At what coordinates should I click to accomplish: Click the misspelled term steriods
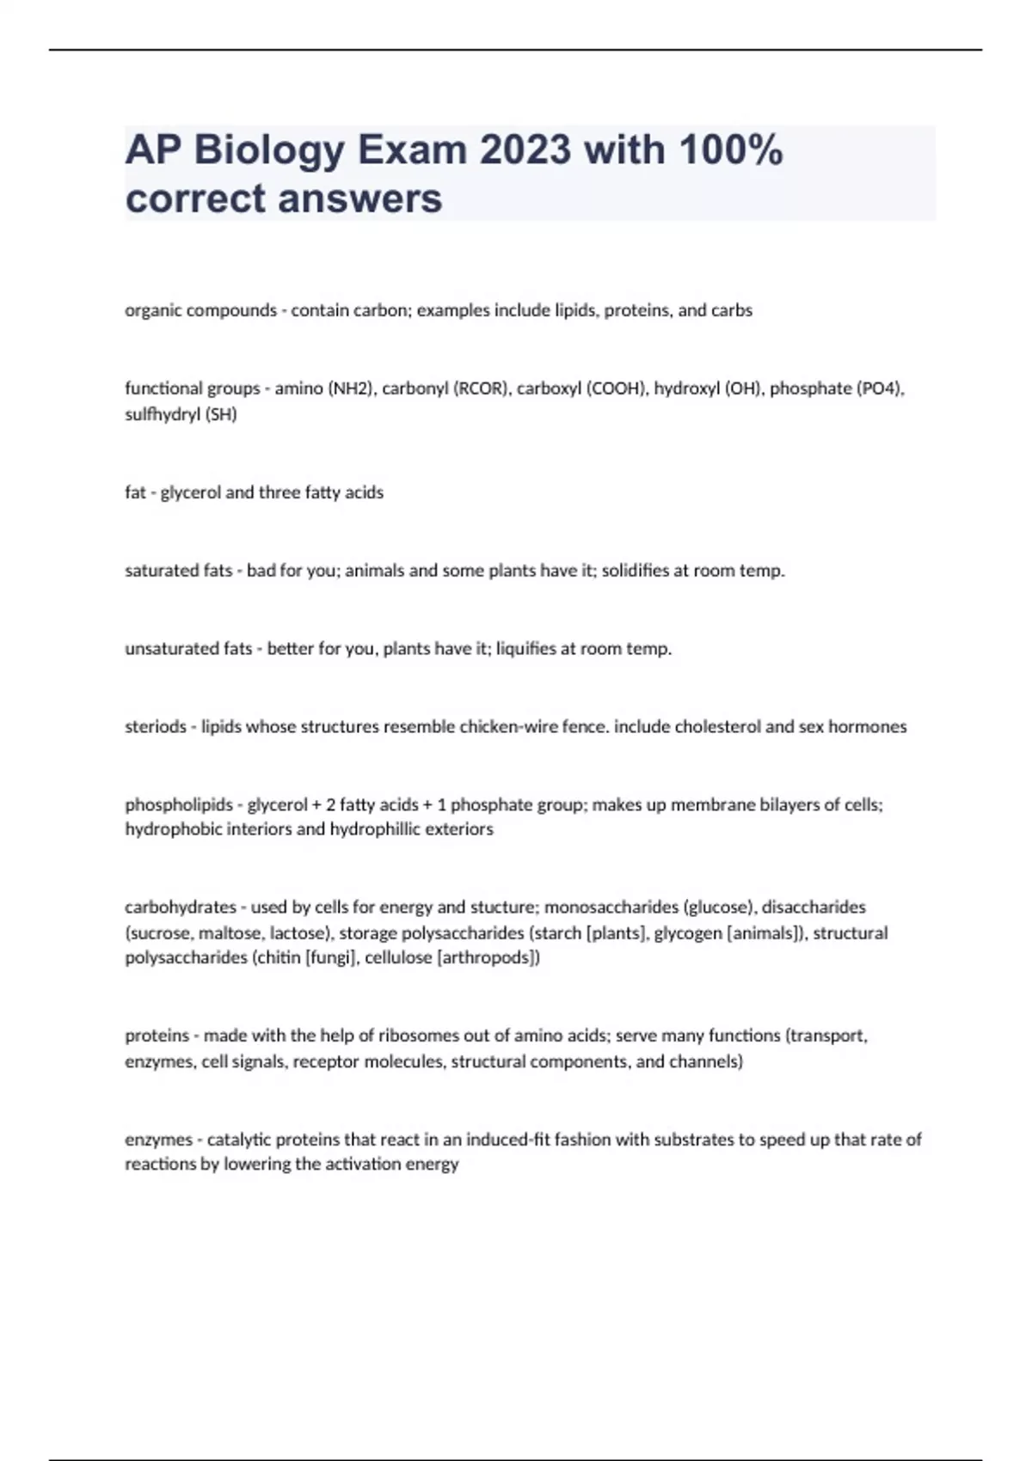[155, 727]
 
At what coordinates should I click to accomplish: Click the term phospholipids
[179, 805]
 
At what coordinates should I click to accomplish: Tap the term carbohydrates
[180, 908]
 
